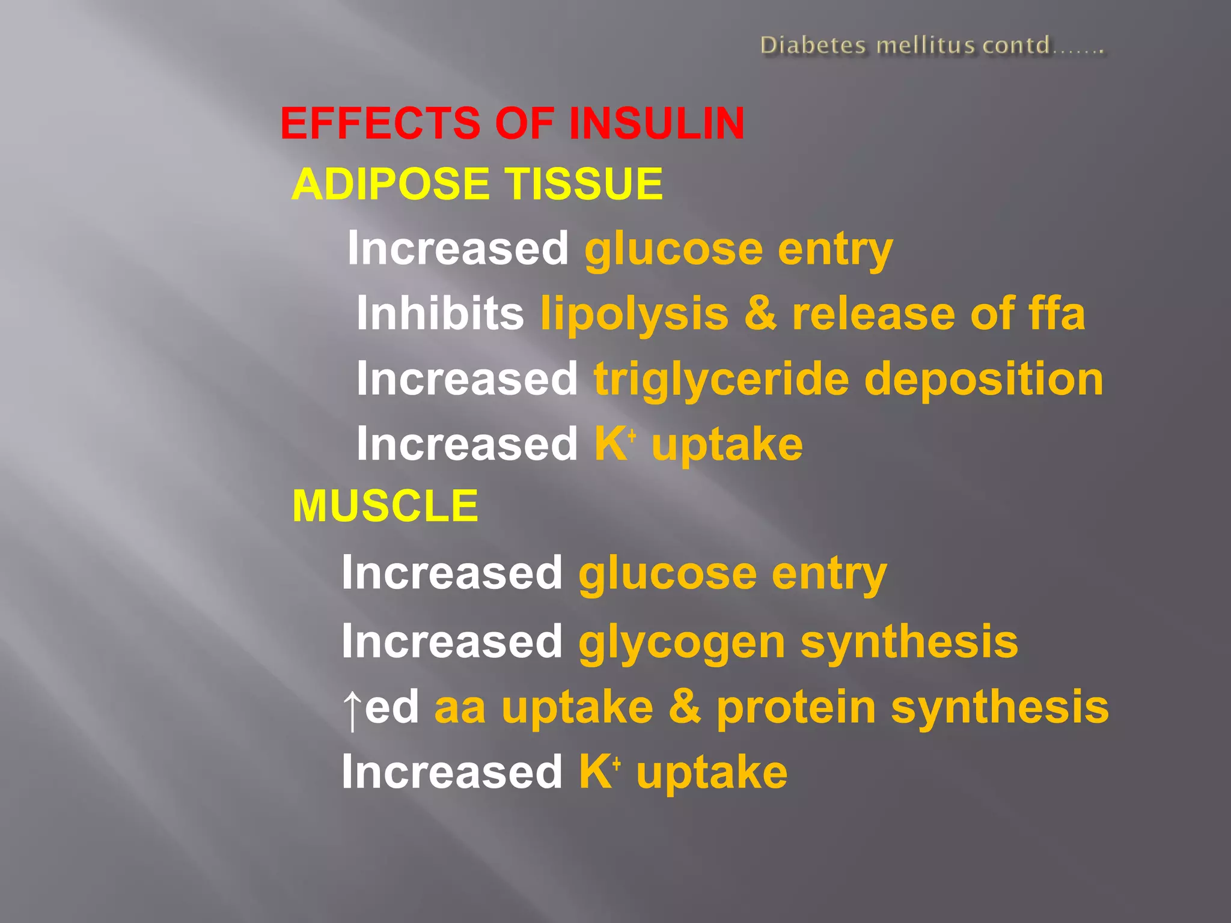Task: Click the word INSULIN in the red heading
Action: point(656,123)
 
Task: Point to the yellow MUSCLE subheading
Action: point(385,506)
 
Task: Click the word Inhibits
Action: point(440,313)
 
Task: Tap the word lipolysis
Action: point(634,314)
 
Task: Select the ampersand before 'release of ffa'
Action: point(760,313)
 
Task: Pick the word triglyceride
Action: point(721,380)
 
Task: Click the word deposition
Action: point(984,380)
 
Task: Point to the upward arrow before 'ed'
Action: point(352,709)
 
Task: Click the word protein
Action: point(796,708)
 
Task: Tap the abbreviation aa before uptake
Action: point(460,708)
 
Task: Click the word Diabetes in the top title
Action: point(813,46)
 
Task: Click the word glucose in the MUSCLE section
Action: point(667,574)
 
